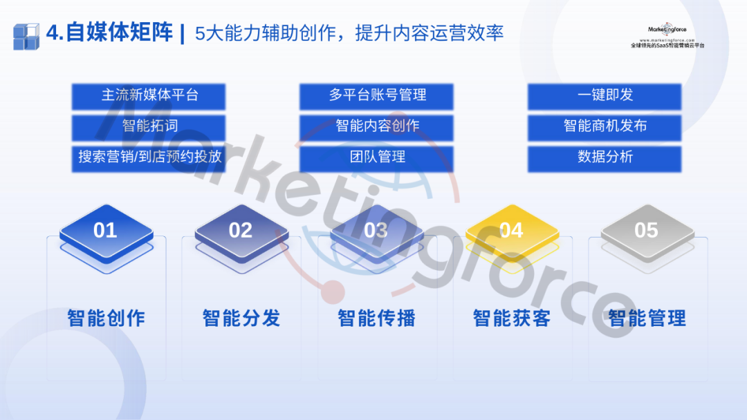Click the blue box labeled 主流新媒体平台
pos(149,96)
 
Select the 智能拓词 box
pos(149,127)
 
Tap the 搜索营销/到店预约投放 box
pos(149,158)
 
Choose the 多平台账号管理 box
pos(376,96)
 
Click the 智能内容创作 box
pos(376,127)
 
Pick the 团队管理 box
pos(376,158)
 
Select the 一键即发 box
pos(605,96)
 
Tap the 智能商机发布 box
pos(605,127)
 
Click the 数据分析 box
pos(605,158)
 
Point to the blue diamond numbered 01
pos(107,233)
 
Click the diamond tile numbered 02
pos(241,233)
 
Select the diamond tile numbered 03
pos(377,233)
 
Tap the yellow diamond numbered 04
pos(512,233)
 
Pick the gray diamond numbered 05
pos(647,233)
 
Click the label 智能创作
pos(107,318)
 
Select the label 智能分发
pos(241,318)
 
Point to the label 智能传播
pos(377,318)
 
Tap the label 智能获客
pos(512,318)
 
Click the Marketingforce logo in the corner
pos(667,35)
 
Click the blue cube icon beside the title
pos(26,37)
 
